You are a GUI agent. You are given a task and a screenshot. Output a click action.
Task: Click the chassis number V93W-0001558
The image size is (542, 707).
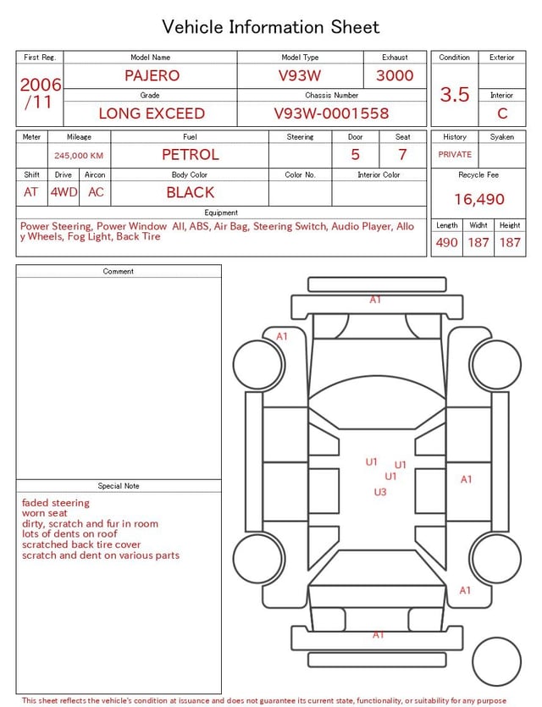pyautogui.click(x=331, y=113)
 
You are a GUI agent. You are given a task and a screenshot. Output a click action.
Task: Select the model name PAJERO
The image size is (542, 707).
pyautogui.click(x=152, y=75)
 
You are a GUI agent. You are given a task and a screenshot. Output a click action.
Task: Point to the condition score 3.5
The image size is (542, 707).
pyautogui.click(x=455, y=94)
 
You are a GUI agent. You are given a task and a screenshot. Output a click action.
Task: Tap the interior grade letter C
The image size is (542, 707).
pyautogui.click(x=502, y=113)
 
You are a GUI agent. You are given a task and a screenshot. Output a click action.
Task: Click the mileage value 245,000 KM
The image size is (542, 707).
pyautogui.click(x=79, y=156)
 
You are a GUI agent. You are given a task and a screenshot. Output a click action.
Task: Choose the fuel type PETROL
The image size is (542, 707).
pyautogui.click(x=191, y=155)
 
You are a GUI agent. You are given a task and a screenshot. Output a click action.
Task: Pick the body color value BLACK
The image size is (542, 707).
pyautogui.click(x=191, y=192)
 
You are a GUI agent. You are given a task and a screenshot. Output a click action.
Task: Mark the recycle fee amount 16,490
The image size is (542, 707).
pyautogui.click(x=478, y=199)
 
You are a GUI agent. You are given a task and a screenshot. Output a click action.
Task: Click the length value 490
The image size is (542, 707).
pyautogui.click(x=447, y=242)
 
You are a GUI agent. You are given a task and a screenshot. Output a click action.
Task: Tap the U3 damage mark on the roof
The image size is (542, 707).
pyautogui.click(x=380, y=492)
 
